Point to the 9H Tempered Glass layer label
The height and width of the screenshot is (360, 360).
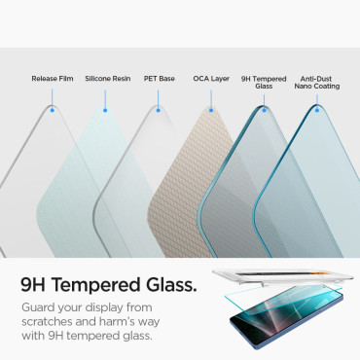(263, 81)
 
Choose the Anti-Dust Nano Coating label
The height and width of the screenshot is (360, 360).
(319, 81)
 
